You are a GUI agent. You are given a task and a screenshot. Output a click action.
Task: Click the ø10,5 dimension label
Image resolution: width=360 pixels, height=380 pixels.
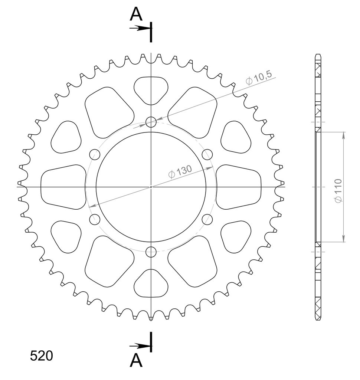[259, 78]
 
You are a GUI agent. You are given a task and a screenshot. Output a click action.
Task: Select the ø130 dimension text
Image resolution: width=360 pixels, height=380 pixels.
[180, 171]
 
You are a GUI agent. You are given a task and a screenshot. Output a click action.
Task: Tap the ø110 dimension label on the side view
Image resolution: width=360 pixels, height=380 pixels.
[338, 191]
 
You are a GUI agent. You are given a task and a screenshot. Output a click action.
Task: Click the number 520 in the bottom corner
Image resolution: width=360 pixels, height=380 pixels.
[42, 356]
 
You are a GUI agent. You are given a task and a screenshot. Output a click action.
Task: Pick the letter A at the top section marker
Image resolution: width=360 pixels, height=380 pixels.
[136, 14]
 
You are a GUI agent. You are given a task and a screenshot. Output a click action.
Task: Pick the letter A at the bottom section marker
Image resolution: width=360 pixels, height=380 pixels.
[136, 360]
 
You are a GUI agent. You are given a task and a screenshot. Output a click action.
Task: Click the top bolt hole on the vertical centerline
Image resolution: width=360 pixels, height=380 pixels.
[151, 122]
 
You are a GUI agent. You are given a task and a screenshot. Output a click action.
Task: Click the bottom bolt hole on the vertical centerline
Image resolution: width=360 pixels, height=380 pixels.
[151, 252]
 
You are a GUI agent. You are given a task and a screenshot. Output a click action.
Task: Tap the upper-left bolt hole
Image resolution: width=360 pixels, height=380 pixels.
[95, 154]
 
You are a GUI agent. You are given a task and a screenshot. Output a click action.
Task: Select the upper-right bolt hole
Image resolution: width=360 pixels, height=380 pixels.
[207, 154]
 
